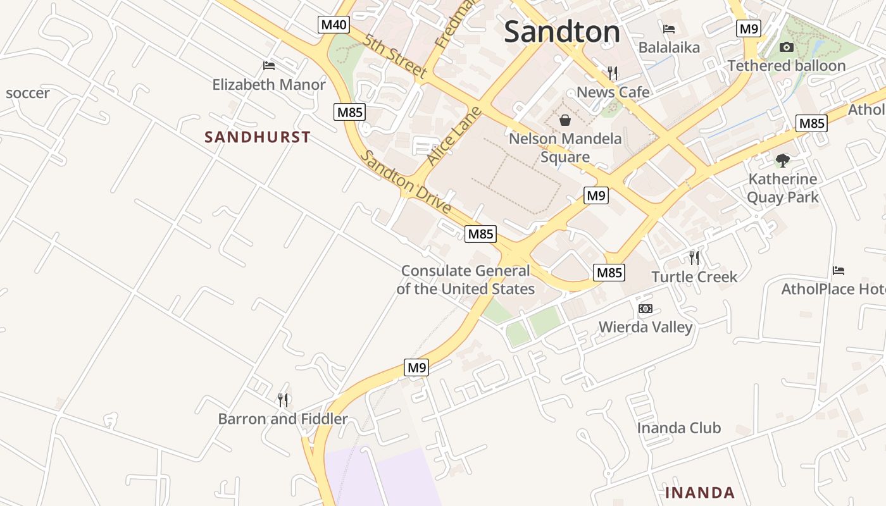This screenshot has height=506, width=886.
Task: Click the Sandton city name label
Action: (x=562, y=32)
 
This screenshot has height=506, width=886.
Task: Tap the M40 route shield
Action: (x=334, y=25)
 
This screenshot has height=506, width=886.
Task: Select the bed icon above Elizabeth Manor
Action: (x=269, y=66)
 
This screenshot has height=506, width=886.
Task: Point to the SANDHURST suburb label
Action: (x=258, y=137)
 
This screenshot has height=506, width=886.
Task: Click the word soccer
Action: (x=28, y=93)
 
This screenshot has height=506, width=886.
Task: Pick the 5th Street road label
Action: (x=396, y=56)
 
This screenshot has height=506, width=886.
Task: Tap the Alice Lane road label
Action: (x=454, y=136)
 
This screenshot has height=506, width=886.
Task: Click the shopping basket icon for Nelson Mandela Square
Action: (x=565, y=120)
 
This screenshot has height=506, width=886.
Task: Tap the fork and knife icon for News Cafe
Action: (x=612, y=73)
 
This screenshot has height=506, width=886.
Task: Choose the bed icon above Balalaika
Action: (x=669, y=29)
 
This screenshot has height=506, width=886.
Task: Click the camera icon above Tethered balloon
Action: (x=787, y=47)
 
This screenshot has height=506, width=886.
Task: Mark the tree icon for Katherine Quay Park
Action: (x=783, y=160)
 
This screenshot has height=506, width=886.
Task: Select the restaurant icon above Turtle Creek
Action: (x=694, y=257)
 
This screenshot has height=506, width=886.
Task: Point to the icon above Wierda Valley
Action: (x=646, y=309)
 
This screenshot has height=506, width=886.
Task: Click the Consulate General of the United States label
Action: (x=466, y=280)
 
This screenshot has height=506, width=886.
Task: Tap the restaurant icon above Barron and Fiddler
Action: (x=283, y=400)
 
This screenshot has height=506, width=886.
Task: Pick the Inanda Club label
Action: (x=678, y=428)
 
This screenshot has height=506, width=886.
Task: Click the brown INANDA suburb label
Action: (x=700, y=492)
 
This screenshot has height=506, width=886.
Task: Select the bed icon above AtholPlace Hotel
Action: (x=839, y=271)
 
